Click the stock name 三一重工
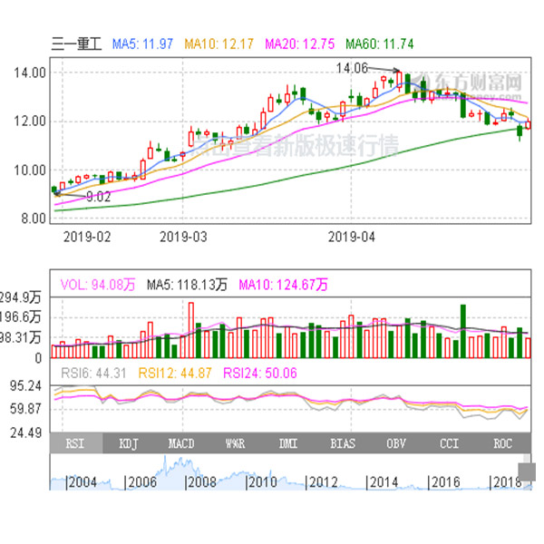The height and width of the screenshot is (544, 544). [79, 43]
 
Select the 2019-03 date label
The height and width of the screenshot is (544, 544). [183, 238]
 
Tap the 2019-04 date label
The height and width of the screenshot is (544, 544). [350, 238]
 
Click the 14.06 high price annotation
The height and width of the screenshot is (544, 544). [352, 68]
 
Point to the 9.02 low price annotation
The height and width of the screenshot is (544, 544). [98, 196]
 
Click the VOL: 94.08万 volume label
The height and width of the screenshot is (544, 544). [97, 285]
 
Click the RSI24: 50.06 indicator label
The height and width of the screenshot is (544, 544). [261, 372]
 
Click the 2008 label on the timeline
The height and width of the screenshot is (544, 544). [201, 482]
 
